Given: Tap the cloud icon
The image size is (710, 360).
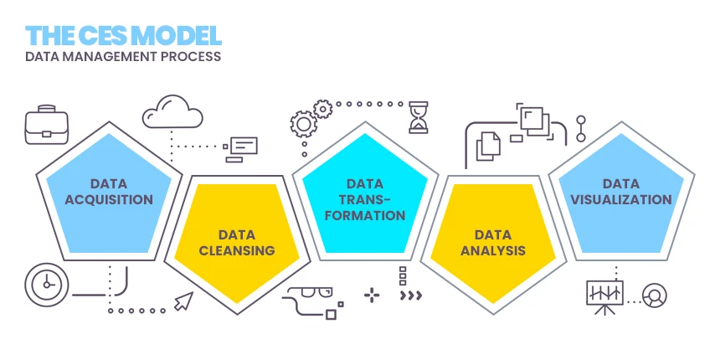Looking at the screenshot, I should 172,111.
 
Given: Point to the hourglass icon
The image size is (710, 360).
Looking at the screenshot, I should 418,118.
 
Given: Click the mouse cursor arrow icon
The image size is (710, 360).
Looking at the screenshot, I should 183,301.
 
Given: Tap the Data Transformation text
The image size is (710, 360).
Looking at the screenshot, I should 366,199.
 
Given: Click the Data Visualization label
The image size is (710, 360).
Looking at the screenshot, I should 620,192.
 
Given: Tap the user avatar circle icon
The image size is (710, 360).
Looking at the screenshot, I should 655,295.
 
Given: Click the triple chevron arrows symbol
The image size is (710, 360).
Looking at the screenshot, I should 411,296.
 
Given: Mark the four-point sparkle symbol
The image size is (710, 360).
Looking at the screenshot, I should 371,295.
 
